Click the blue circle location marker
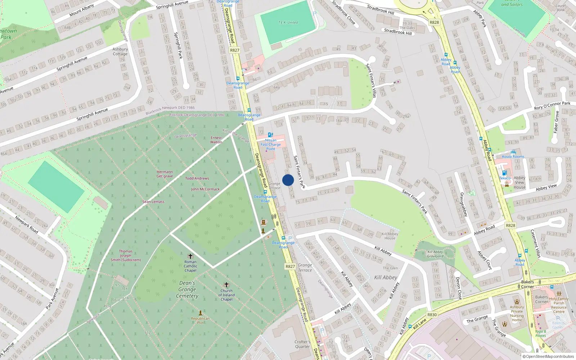tap(288, 180)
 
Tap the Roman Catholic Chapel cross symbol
tap(190, 256)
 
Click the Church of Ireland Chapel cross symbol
tap(226, 285)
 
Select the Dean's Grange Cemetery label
tap(187, 289)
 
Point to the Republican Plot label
tap(200, 320)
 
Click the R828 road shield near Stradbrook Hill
tap(434, 22)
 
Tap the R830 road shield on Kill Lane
tap(432, 315)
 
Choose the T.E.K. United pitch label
tap(288, 22)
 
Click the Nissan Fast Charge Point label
tap(271, 144)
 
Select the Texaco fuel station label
tap(505, 178)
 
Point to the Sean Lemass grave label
tap(153, 202)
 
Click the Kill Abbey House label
tap(390, 236)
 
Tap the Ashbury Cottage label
tap(120, 51)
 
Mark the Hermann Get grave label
tap(165, 174)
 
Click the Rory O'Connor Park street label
tap(552, 105)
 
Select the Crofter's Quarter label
tap(302, 344)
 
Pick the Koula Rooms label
tap(513, 157)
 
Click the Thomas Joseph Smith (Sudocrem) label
tap(126, 256)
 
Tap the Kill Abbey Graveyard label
tap(435, 254)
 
